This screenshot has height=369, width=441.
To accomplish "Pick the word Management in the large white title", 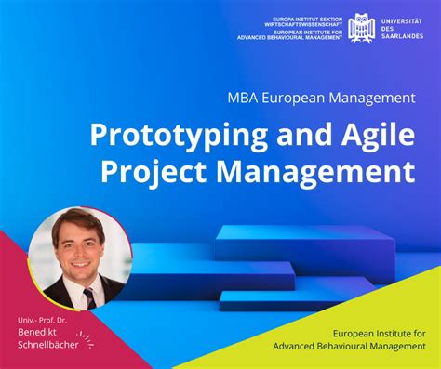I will [x=306, y=171].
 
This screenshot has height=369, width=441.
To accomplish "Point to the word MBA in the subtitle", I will [x=240, y=97].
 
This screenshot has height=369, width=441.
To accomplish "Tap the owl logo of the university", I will [x=362, y=27].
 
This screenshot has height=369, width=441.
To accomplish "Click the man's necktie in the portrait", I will [x=88, y=297].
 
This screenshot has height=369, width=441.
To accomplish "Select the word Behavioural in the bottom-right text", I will [x=352, y=347].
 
